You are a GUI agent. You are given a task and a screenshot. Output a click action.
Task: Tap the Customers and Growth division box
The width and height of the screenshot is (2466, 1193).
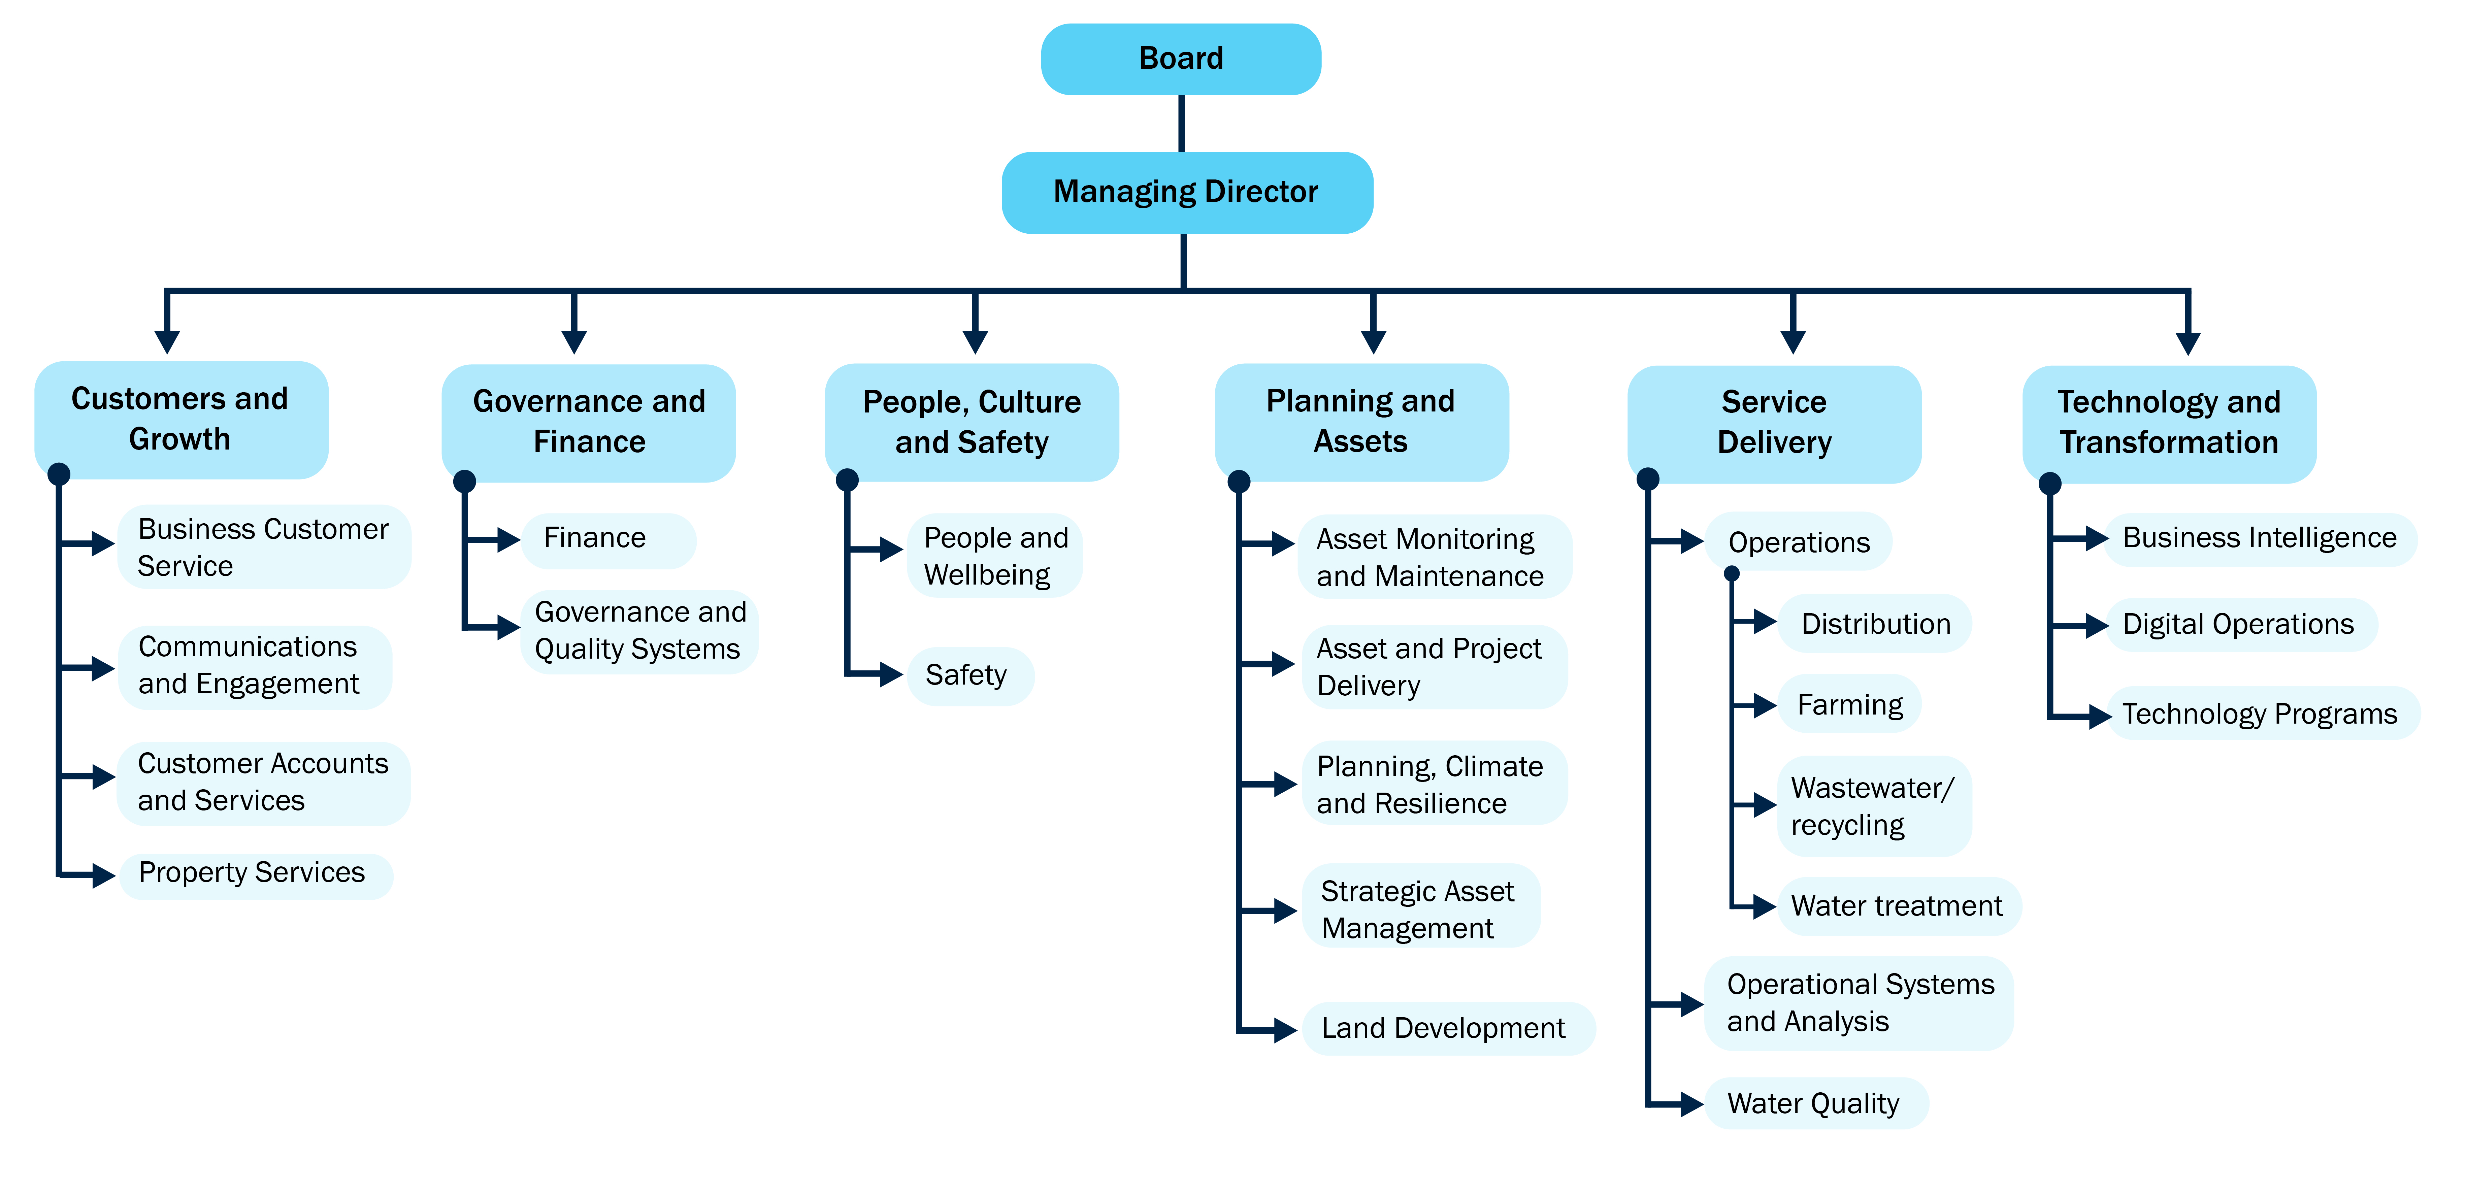(x=181, y=419)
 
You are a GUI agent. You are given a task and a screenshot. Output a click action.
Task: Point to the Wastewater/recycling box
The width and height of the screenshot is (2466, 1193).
(x=1872, y=806)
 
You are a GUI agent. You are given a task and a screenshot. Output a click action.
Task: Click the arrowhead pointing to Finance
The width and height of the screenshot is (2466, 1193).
(x=508, y=540)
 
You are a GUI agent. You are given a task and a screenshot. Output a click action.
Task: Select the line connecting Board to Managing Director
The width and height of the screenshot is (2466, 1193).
(x=1181, y=124)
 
